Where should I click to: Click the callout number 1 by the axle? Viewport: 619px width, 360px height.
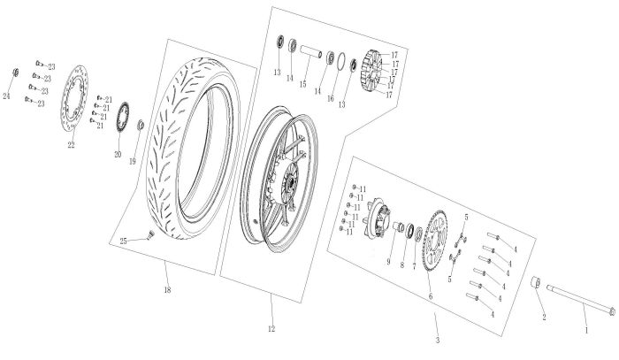[x=585, y=328]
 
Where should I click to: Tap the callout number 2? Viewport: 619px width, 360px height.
[x=543, y=315]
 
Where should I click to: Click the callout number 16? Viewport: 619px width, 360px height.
[x=332, y=98]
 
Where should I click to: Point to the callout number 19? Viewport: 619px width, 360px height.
[x=133, y=161]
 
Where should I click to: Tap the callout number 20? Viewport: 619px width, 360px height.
[x=116, y=153]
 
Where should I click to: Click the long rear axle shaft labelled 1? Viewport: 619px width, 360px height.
[x=578, y=300]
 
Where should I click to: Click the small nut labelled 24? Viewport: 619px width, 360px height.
[x=15, y=71]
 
